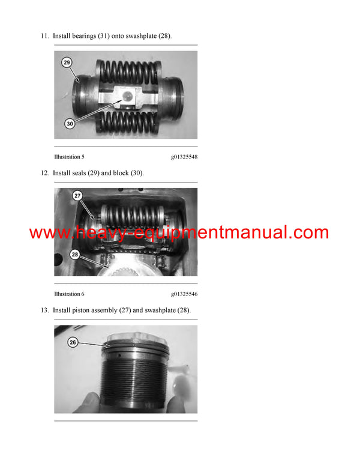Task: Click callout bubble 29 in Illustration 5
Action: [67, 62]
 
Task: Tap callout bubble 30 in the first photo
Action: [71, 124]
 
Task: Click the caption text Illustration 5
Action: [69, 157]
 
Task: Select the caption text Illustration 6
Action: [69, 294]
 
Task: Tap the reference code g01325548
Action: [184, 157]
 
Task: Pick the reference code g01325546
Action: [184, 294]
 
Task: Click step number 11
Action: [44, 36]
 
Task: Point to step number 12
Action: [44, 173]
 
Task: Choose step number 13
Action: [44, 310]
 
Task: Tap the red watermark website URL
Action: [179, 233]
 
